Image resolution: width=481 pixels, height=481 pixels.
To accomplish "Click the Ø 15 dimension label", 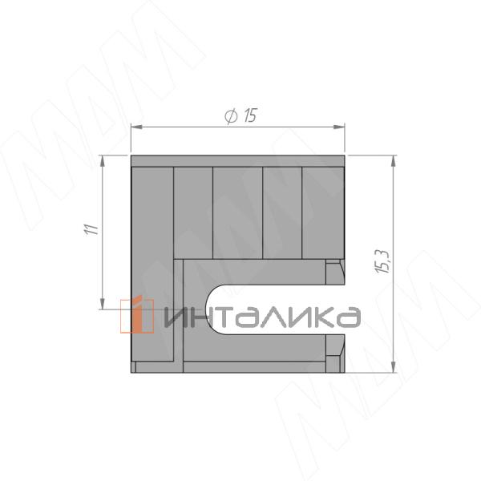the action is point(240,116).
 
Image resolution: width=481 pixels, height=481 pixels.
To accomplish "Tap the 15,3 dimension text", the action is point(382,261).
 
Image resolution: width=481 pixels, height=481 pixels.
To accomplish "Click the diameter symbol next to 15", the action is point(231,116).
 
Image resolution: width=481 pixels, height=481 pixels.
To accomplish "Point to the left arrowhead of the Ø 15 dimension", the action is point(136,127).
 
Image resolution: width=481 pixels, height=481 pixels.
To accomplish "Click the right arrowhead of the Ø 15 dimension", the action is point(339,127).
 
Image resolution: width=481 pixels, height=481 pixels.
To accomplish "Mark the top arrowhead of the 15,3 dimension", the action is point(394,161).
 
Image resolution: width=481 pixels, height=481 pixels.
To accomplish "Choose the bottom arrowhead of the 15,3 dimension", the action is point(394,367).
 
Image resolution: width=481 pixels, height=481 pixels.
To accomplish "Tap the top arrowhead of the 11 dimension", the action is point(102,161).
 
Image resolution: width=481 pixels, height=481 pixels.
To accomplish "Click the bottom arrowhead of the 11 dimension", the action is point(102,303).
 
